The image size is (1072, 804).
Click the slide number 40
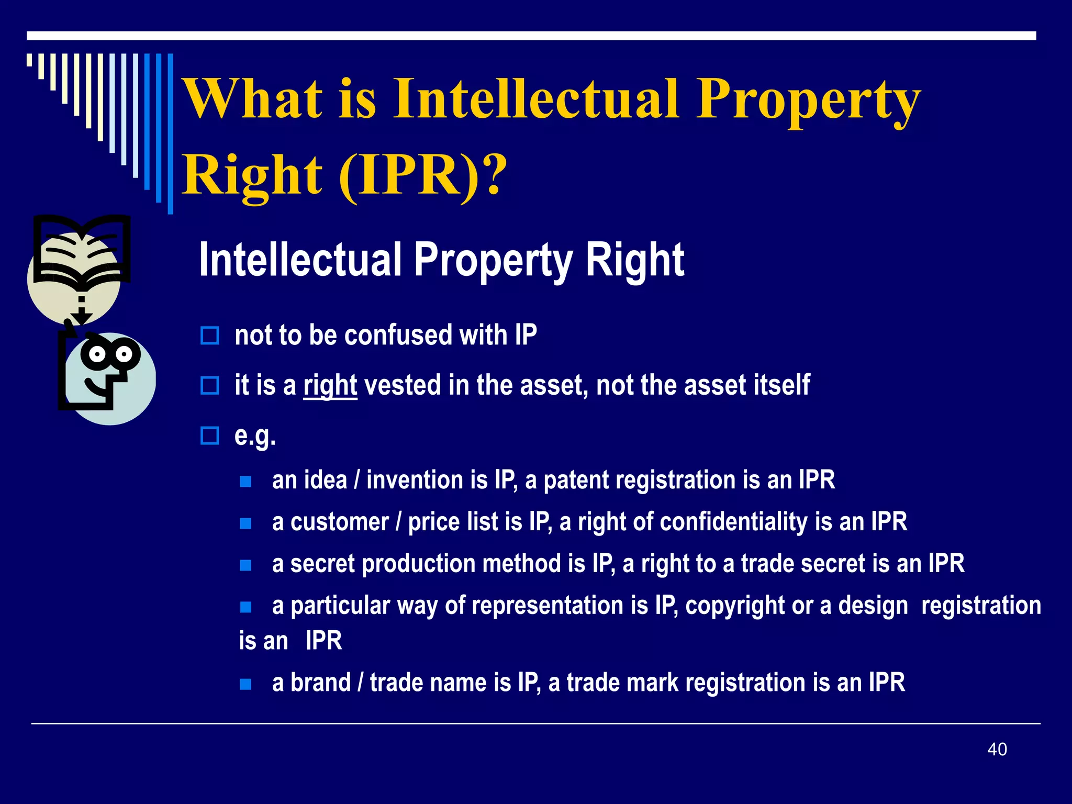click(997, 749)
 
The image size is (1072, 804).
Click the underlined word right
click(330, 386)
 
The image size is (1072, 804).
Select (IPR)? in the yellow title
click(423, 175)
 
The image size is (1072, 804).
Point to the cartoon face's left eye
click(97, 354)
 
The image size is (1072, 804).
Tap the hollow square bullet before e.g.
click(210, 435)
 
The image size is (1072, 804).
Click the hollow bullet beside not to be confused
click(210, 336)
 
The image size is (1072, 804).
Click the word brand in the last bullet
click(320, 683)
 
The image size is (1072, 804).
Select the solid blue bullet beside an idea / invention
click(245, 482)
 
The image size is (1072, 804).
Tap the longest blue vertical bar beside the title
click(170, 133)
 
